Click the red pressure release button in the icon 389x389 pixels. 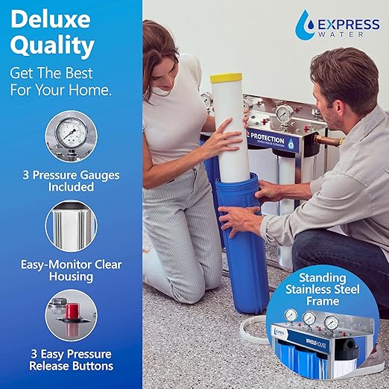pyautogui.click(x=72, y=309)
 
